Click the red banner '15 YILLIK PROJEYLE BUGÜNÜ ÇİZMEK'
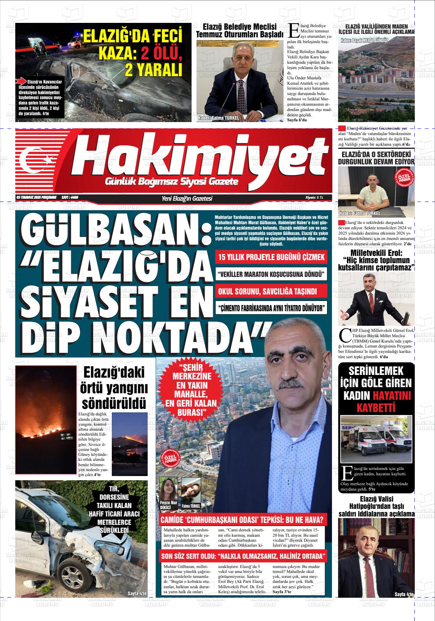271,257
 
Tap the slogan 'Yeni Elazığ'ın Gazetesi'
187,198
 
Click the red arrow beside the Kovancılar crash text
21,81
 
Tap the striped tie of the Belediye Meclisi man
241,95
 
